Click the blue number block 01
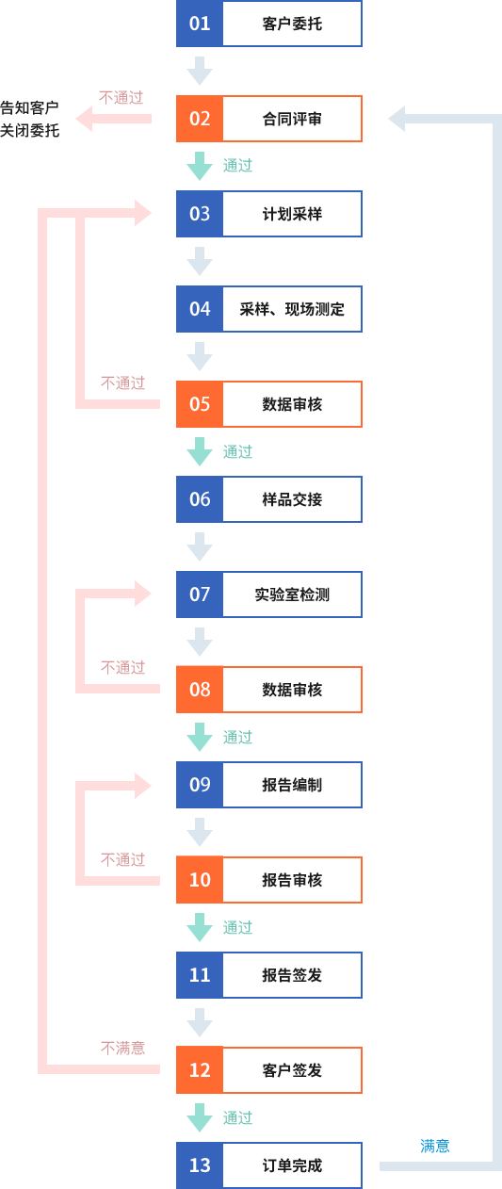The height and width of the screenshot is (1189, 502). tap(200, 24)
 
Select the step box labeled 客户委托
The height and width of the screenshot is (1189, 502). tap(292, 24)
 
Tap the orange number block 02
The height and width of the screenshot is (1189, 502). tap(200, 119)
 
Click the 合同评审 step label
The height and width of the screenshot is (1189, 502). tap(292, 119)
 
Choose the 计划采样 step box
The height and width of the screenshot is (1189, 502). tap(292, 214)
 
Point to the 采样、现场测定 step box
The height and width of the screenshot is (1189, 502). tap(292, 309)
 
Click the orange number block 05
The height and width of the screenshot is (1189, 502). tap(200, 404)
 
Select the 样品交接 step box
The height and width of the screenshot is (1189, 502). tap(292, 499)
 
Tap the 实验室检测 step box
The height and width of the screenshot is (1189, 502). tap(292, 594)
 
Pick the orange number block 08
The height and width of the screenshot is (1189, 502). tap(200, 690)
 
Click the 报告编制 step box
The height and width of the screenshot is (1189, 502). tap(292, 785)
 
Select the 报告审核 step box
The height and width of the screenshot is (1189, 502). tap(292, 880)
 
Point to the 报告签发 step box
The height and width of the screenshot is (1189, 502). tap(292, 975)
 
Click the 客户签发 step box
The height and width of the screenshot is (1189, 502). tap(292, 1070)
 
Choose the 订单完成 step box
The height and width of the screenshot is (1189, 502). tap(292, 1165)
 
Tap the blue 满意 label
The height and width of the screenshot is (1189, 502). tap(435, 1146)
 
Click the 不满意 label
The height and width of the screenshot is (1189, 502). tap(122, 1048)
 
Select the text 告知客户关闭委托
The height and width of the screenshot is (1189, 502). tap(29, 119)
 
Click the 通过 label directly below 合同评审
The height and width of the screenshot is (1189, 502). tap(237, 166)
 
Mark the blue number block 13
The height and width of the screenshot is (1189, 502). tap(200, 1165)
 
